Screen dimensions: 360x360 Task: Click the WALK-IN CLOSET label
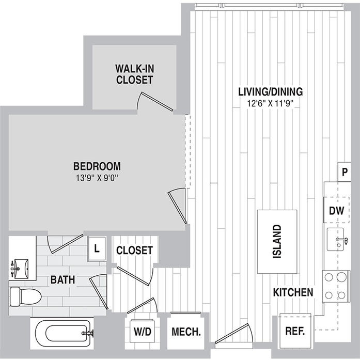[x=134, y=74]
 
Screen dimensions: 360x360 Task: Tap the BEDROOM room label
[x=97, y=166]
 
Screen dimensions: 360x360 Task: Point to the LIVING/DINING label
[x=270, y=92]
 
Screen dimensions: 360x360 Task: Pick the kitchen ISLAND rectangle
[x=277, y=241]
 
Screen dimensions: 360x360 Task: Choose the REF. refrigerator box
[x=294, y=331]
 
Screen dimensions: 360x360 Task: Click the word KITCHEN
[x=293, y=292]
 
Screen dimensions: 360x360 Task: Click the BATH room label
[x=62, y=279]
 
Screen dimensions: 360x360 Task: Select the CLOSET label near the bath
[x=134, y=251]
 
